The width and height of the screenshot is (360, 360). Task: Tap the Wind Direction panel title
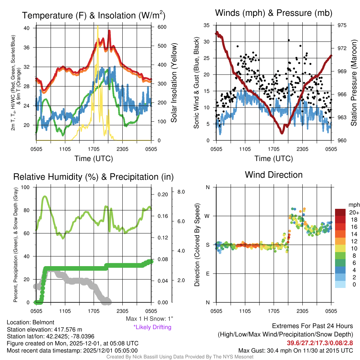(x=274, y=175)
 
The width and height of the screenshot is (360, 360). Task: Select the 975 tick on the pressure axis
(x=342, y=25)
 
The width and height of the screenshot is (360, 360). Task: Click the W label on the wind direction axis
(x=207, y=216)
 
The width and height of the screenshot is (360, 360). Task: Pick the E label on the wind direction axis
(x=208, y=274)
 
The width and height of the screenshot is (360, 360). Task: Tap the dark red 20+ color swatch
(x=341, y=212)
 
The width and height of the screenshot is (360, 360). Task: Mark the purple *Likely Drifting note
(x=152, y=327)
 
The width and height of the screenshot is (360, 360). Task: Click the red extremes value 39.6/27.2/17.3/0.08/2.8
(x=320, y=343)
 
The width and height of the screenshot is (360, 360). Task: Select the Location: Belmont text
(x=30, y=322)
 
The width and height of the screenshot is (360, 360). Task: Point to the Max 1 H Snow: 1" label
(x=149, y=319)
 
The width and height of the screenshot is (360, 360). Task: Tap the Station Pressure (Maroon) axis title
(x=354, y=83)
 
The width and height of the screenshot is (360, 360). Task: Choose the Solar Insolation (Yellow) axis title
(x=174, y=83)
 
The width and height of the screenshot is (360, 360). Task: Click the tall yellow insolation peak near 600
(x=97, y=27)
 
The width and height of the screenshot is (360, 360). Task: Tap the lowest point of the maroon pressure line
(x=282, y=133)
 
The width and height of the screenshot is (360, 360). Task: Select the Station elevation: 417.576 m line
(x=44, y=329)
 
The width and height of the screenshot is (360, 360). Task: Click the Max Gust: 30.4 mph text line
(x=295, y=350)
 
